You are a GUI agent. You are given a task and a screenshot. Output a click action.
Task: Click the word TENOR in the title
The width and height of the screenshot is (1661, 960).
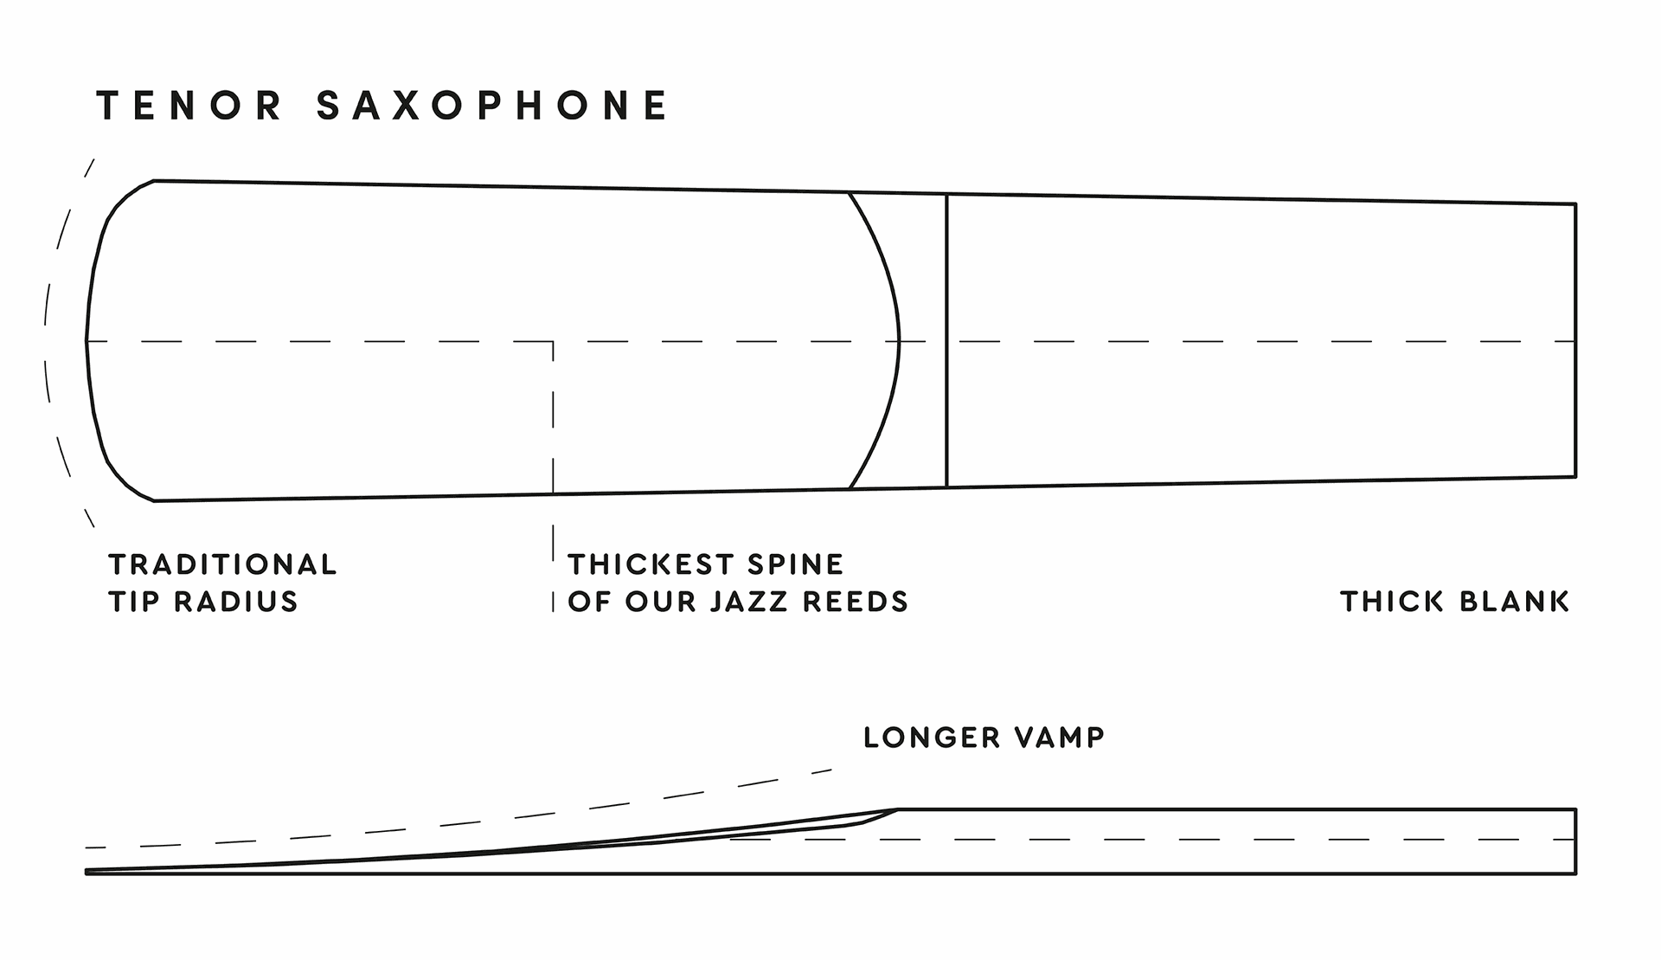[x=189, y=106]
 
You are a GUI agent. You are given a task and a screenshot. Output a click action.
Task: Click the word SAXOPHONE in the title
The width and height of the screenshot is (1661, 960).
[x=493, y=106]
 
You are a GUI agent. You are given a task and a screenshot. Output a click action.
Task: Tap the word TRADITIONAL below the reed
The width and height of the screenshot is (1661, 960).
[x=222, y=564]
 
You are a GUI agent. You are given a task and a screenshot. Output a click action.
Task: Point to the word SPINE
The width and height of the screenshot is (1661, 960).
[x=795, y=564]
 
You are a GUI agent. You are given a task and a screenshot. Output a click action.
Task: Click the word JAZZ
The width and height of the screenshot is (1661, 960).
[x=751, y=602]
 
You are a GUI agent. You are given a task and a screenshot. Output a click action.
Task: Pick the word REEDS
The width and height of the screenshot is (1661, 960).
[x=856, y=602]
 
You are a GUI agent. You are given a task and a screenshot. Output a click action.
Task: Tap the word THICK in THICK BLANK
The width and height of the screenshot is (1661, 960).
[x=1392, y=602]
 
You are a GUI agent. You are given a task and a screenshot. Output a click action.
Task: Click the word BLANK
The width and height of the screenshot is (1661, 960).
[x=1514, y=602]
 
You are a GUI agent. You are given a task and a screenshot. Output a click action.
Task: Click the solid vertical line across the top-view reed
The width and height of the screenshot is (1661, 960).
[x=947, y=340]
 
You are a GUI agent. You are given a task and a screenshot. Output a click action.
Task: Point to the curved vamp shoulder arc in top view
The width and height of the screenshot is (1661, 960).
[x=899, y=340]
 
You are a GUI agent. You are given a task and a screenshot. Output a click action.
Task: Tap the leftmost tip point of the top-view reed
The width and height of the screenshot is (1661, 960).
[x=87, y=340]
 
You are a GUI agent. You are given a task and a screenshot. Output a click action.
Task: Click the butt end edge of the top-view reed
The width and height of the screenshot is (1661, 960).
[x=1575, y=340]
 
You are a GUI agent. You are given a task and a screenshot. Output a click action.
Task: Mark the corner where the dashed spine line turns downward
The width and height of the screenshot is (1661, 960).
[x=553, y=342]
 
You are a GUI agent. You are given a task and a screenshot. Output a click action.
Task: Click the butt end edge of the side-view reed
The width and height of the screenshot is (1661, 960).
[x=1575, y=841]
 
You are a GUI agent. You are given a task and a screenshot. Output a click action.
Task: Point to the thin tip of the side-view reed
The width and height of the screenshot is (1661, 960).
[x=87, y=872]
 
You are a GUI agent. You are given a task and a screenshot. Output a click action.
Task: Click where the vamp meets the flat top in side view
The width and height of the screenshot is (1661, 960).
[x=897, y=809]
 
